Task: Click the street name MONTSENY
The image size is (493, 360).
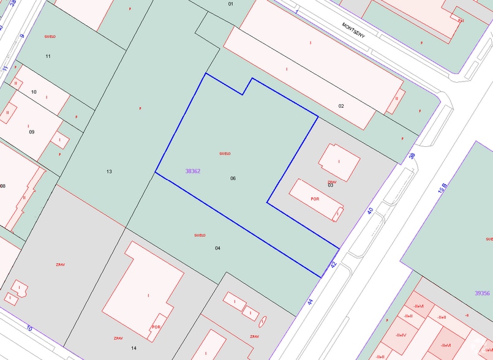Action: (353, 30)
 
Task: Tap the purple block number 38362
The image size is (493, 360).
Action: (192, 171)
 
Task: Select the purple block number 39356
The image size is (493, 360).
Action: (482, 293)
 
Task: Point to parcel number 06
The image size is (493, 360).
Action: (233, 178)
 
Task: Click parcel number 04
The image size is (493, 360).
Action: (217, 248)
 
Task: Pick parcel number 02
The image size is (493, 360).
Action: (341, 106)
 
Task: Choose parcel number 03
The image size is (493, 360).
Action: (331, 185)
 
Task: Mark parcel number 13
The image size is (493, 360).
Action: (109, 171)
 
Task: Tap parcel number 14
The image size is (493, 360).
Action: (134, 348)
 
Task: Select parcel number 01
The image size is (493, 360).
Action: (231, 4)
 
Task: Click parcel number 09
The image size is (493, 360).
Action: (32, 132)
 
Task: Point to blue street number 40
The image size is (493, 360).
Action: (370, 211)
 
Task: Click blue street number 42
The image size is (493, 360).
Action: (333, 264)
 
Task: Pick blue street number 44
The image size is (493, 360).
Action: (310, 301)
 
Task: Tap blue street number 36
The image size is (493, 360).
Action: (412, 156)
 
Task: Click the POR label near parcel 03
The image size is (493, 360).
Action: (315, 199)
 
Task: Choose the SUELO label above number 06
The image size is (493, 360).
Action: (225, 153)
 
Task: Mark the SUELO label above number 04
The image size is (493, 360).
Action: (199, 235)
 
